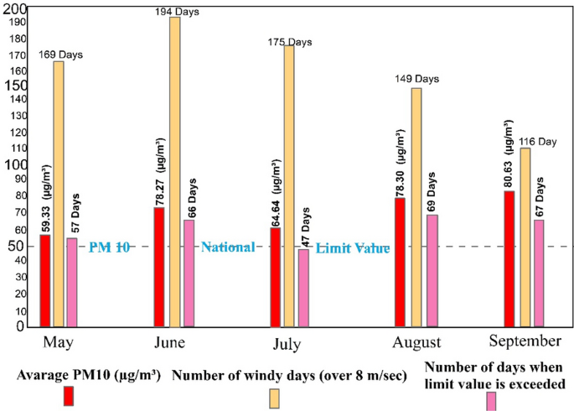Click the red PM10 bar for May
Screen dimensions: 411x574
[44, 280]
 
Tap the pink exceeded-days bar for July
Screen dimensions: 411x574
[303, 287]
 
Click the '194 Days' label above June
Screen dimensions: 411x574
[176, 10]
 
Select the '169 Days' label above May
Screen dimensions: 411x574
[61, 55]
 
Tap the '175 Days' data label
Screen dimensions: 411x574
[290, 42]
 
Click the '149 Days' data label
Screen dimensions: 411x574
[416, 79]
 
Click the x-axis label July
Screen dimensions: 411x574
[287, 344]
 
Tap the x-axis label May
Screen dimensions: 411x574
[45, 342]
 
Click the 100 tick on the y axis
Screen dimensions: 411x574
[15, 164]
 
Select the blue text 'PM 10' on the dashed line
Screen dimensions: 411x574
[109, 247]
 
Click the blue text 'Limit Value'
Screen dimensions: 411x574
[353, 248]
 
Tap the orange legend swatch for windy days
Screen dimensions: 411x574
[274, 398]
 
